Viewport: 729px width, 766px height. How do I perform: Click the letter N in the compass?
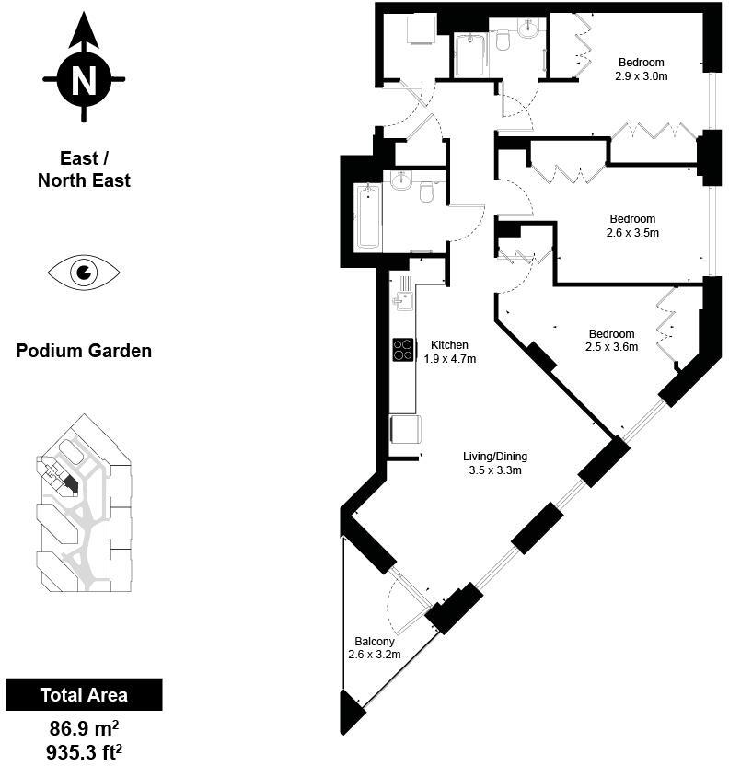(84, 79)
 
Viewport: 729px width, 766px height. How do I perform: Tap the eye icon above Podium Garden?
(84, 273)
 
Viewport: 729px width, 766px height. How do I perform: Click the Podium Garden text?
(84, 351)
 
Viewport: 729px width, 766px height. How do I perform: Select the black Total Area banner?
(84, 694)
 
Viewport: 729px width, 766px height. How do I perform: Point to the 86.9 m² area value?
(84, 729)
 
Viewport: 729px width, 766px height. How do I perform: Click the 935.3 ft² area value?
(84, 752)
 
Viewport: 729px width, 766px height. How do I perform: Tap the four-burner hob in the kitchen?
(404, 350)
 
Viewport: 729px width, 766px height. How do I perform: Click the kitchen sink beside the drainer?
(404, 301)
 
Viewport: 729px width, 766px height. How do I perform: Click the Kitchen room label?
(449, 345)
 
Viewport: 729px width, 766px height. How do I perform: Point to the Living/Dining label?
(495, 457)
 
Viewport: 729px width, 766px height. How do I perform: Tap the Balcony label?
(375, 642)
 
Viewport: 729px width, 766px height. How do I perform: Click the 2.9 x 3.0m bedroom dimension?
(642, 76)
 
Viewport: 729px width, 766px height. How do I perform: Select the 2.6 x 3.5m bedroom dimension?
(632, 233)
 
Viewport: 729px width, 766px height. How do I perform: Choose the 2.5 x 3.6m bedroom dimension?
(611, 347)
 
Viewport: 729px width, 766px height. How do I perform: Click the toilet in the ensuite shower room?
(503, 40)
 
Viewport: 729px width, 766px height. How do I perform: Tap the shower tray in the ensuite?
(471, 54)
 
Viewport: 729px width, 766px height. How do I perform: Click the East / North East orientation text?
(84, 169)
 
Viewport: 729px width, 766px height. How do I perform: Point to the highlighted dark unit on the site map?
(70, 484)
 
